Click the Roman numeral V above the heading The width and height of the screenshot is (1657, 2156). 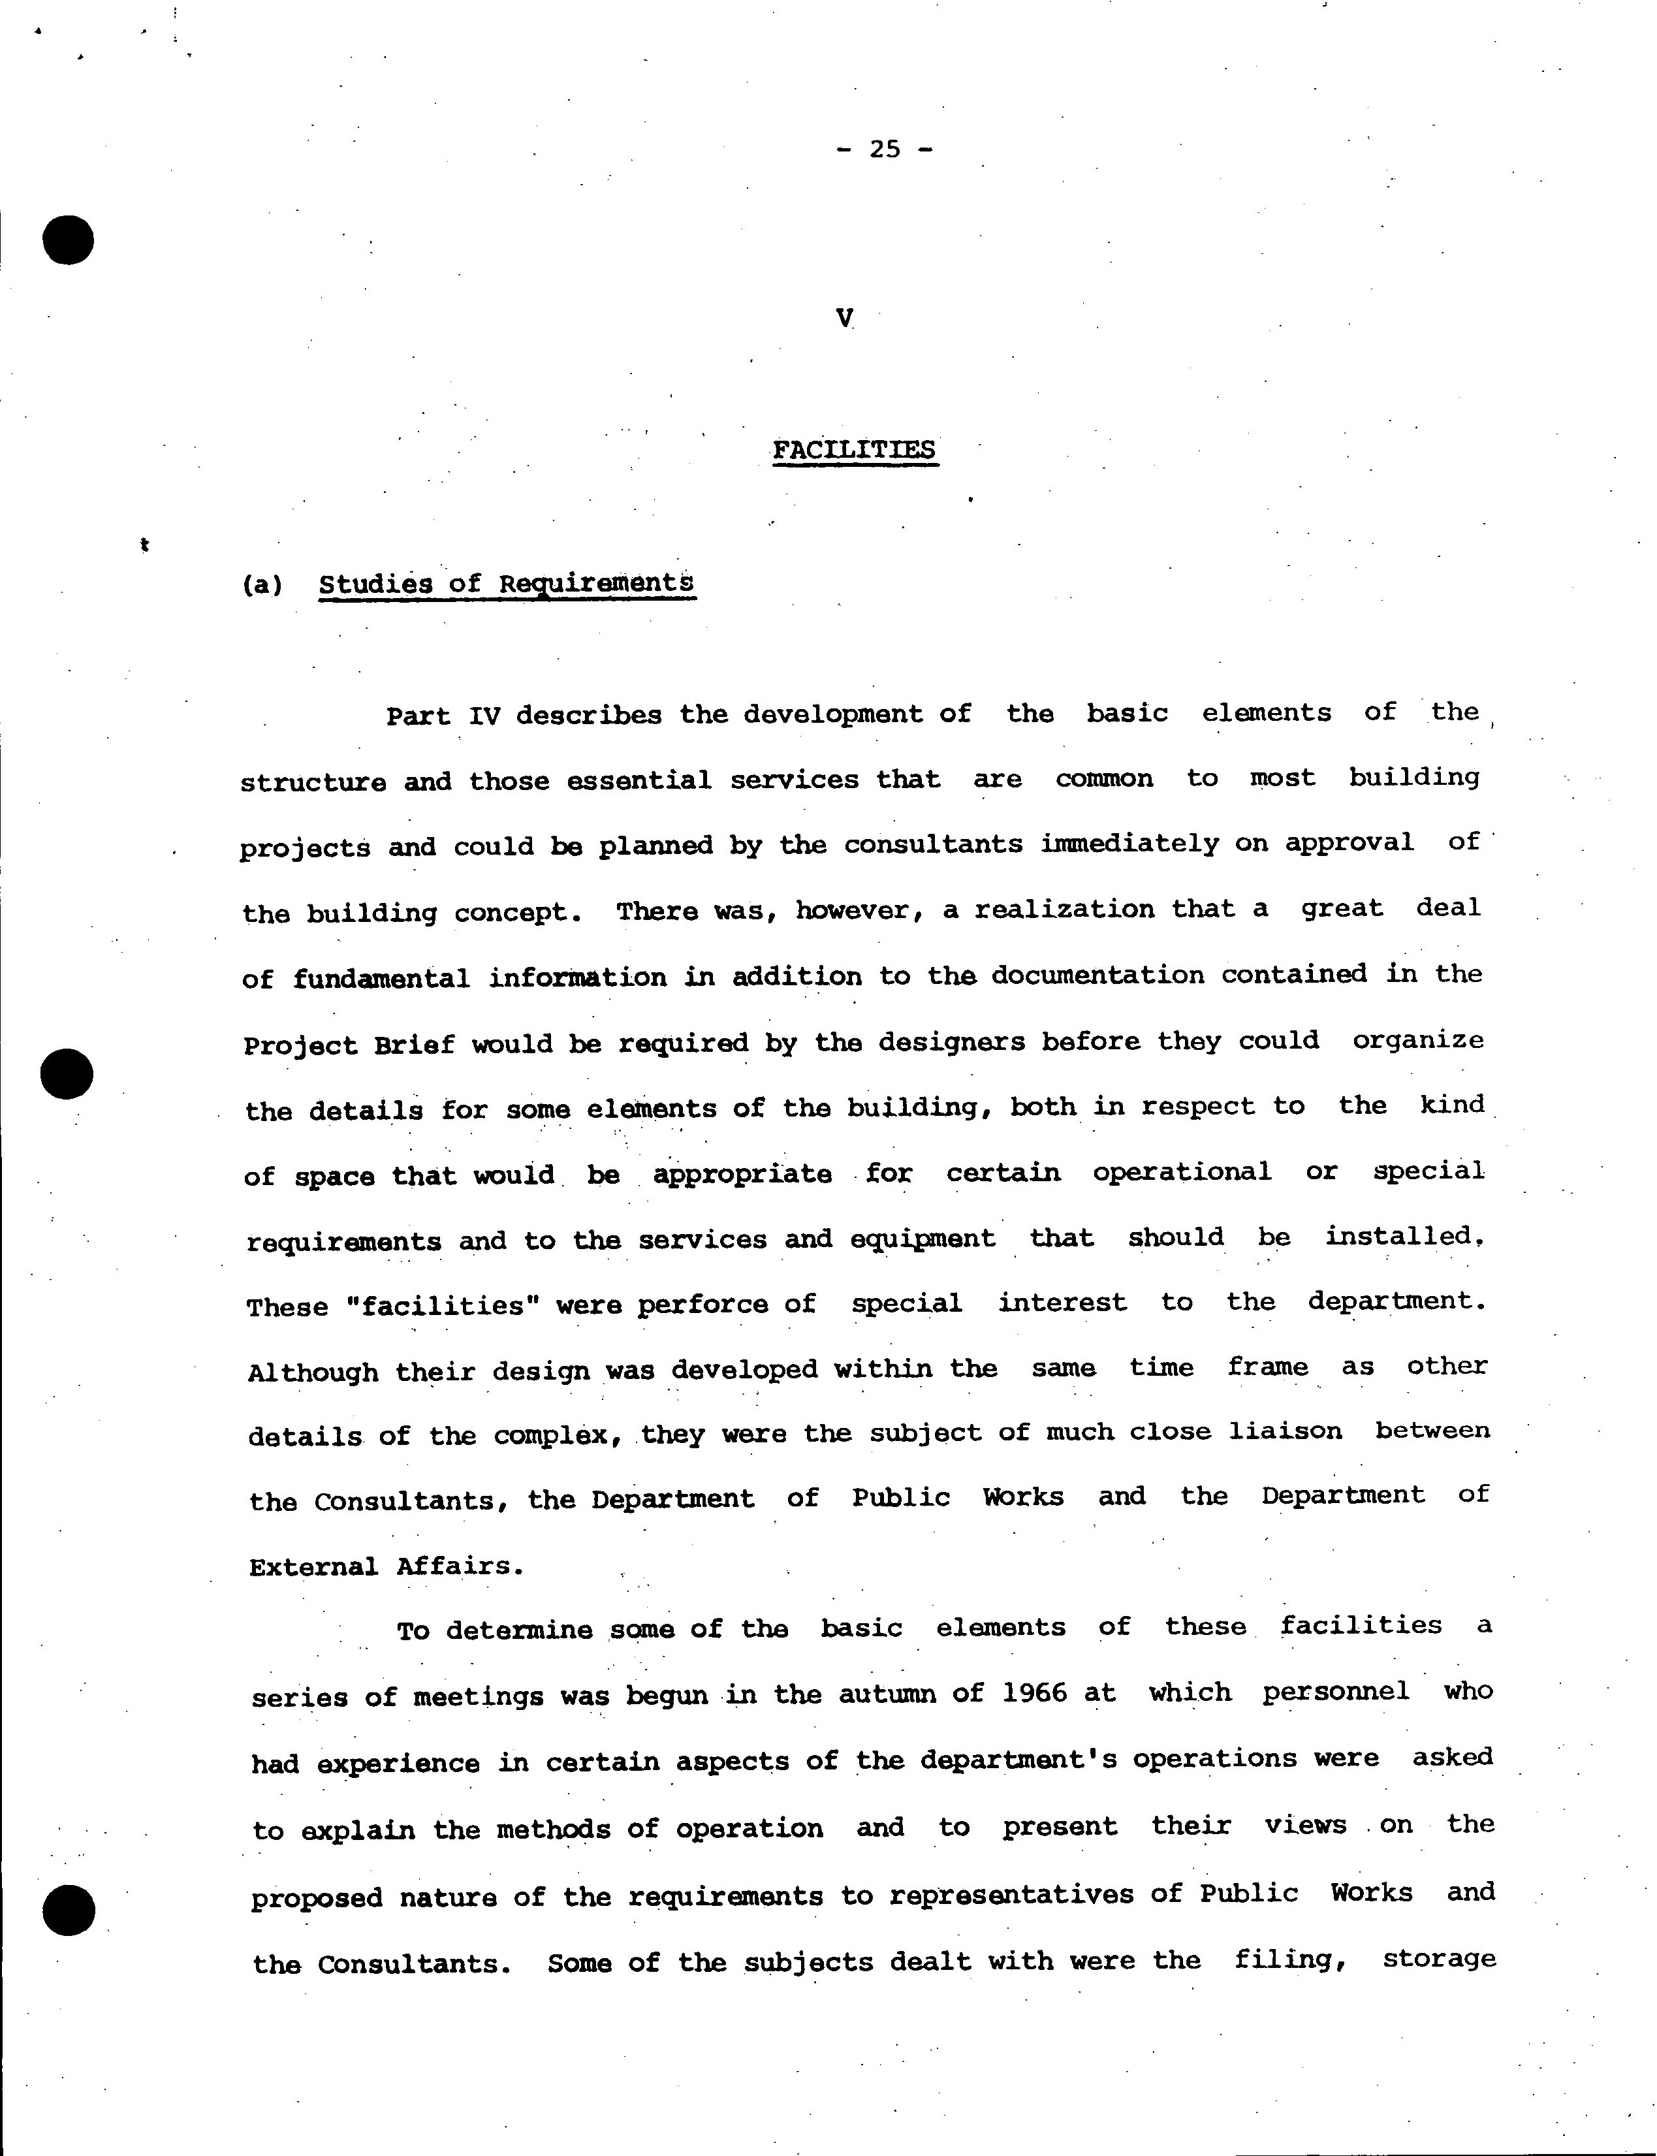844,317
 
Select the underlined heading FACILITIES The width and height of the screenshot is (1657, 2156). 854,451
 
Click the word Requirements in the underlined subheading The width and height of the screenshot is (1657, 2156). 595,583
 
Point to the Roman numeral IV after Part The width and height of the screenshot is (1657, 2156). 484,715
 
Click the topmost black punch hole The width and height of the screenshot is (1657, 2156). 68,239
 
